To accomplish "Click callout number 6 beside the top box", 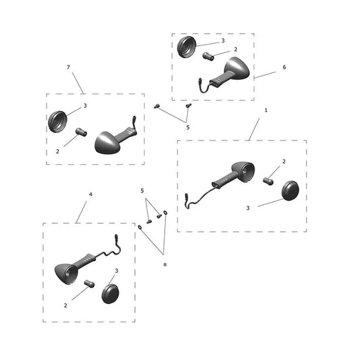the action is coord(284,67).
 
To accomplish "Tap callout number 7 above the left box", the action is coord(68,67).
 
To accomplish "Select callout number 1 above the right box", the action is coord(266,110).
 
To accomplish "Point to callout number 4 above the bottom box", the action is coord(91,195).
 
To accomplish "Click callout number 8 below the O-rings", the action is coord(165,265).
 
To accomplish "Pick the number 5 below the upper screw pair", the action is coord(188,128).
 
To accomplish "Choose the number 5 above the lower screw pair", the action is coord(142,190).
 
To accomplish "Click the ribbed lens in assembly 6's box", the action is coord(186,47).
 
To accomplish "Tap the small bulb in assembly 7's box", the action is coord(81,132).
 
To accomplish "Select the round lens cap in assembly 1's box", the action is coord(290,190).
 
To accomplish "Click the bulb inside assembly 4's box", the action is coord(89,284).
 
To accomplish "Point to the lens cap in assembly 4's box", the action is coord(111,294).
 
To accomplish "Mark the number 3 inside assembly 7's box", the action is coord(85,105).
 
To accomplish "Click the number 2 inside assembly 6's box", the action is coord(236,49).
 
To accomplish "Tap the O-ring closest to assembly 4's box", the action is coord(140,228).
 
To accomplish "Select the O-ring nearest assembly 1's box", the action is coord(165,213).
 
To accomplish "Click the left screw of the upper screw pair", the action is coord(157,106).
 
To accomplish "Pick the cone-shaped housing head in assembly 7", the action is coord(106,143).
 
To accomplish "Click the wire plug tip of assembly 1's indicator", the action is coord(186,197).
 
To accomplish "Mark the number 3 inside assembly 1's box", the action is coord(248,208).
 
